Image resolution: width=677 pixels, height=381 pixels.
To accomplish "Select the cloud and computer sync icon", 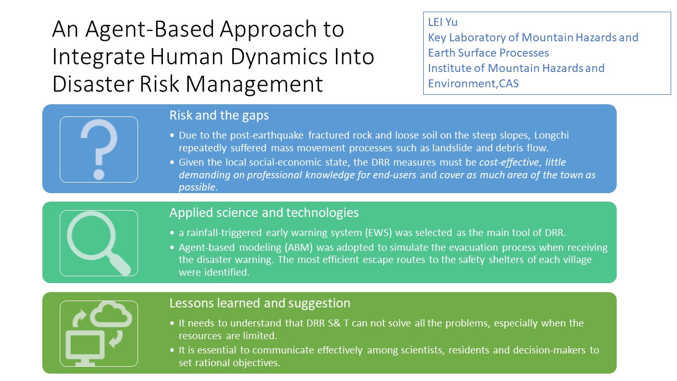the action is click(x=99, y=333).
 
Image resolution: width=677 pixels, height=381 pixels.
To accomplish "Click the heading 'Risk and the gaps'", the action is click(x=219, y=115).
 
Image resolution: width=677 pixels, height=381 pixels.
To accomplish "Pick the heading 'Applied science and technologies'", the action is click(x=264, y=213).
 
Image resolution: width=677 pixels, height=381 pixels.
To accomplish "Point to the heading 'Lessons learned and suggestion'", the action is click(x=260, y=303).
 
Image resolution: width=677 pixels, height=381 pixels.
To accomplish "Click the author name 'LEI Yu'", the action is click(x=443, y=22).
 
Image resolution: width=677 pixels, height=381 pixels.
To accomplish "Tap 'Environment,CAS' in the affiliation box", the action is click(x=473, y=84).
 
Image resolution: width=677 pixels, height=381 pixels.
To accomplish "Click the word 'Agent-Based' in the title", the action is click(x=150, y=29).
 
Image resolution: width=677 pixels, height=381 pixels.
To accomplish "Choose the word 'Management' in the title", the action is click(x=254, y=84).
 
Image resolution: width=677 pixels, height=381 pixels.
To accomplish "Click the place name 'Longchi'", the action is click(x=552, y=135).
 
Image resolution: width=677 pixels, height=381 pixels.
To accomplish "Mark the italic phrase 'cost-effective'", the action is click(x=509, y=162).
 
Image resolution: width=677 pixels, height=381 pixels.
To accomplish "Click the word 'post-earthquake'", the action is click(x=267, y=135).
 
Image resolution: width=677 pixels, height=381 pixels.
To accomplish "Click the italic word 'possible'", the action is click(x=197, y=187).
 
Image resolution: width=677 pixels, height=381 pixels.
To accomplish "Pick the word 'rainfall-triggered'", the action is click(x=224, y=232).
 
